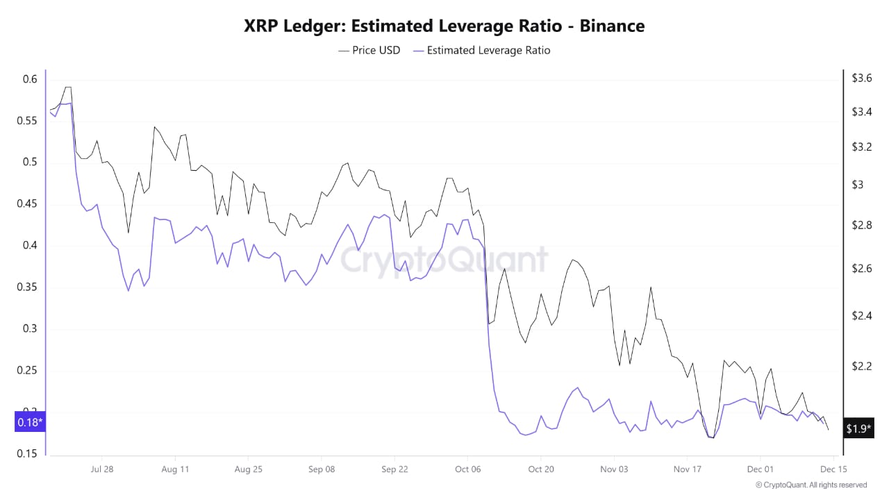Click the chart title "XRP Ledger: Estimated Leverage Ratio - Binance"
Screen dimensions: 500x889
click(444, 26)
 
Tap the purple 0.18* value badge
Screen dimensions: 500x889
click(30, 422)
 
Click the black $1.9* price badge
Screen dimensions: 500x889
click(859, 428)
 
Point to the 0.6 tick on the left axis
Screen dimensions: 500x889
click(29, 79)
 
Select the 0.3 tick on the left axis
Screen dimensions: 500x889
click(29, 328)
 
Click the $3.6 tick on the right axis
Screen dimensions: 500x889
click(862, 78)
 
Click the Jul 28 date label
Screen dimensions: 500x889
click(102, 469)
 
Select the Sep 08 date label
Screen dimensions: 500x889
click(321, 469)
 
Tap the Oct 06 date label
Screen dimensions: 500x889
click(467, 469)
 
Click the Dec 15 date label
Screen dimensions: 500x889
click(833, 469)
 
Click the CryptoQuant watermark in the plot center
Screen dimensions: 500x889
click(444, 260)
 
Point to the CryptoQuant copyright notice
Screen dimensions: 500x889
click(811, 485)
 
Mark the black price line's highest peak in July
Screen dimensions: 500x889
click(67, 87)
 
